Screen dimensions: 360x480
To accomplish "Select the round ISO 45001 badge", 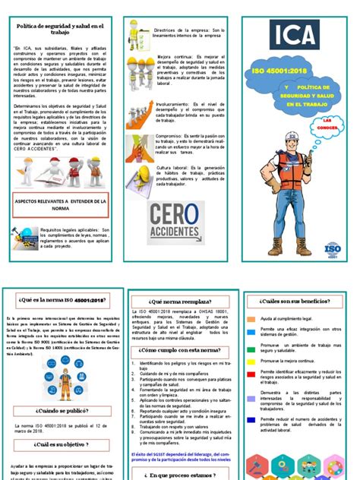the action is (x=332, y=249).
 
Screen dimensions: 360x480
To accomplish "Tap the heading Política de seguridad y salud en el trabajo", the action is (x=59, y=28).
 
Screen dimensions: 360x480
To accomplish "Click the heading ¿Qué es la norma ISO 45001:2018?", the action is (x=59, y=301).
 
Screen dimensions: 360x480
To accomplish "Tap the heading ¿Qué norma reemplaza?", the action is (x=179, y=301).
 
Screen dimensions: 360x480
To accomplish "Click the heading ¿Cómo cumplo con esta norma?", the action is (x=180, y=350).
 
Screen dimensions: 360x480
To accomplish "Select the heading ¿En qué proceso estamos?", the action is (x=180, y=475).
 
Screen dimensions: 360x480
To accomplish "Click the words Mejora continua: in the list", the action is (x=172, y=56).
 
